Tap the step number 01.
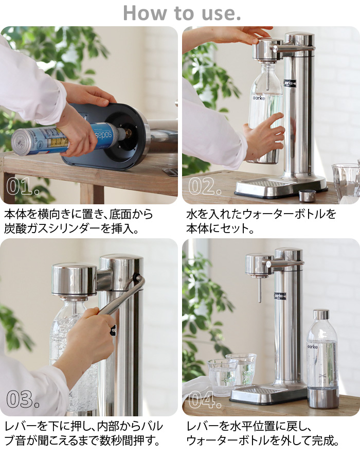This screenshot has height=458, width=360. (x=23, y=187)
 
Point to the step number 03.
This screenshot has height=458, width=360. (x=23, y=398)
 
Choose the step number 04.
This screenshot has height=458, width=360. (x=205, y=398)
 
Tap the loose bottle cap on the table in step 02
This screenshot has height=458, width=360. (x=307, y=196)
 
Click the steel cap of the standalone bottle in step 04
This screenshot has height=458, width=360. (x=321, y=314)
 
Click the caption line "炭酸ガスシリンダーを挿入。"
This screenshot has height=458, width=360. (x=72, y=228)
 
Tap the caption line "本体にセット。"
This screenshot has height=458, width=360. (x=220, y=228)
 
